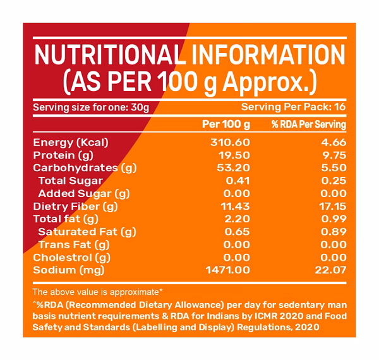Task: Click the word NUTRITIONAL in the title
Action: tap(105, 56)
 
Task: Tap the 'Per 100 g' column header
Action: tap(226, 124)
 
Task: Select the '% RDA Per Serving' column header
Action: tap(309, 124)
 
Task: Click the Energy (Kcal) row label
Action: tap(71, 142)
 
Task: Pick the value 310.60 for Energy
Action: tap(230, 142)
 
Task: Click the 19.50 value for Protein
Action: tap(233, 155)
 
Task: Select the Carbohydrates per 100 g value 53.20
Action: tap(233, 168)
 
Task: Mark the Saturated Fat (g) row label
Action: tap(83, 232)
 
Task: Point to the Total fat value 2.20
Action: tap(236, 219)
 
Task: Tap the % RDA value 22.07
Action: tap(332, 270)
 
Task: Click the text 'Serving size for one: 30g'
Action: tap(91, 107)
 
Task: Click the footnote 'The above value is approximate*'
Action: tap(97, 292)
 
